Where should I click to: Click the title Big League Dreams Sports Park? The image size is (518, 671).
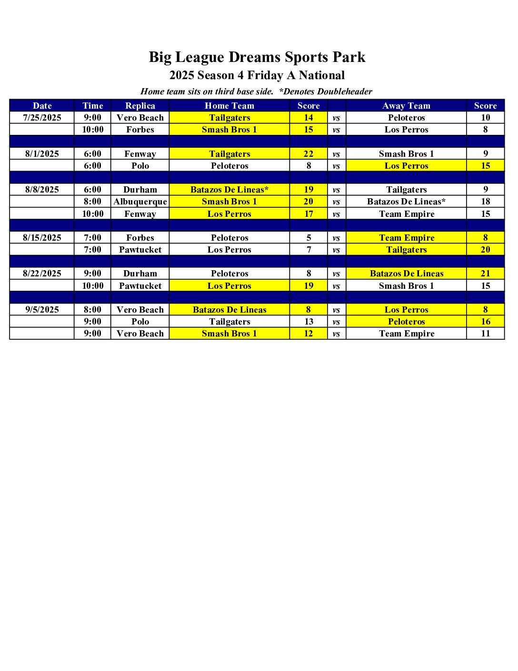[x=257, y=57]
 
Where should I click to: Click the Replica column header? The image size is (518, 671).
[x=140, y=106]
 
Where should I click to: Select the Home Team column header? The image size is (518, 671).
[x=229, y=106]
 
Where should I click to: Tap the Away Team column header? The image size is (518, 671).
[x=406, y=106]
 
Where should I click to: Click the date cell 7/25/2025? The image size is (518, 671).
[x=42, y=118]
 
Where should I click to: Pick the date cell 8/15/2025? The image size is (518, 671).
[x=42, y=238]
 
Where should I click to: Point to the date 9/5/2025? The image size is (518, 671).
[x=42, y=310]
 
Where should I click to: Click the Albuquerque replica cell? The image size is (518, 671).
[x=140, y=202]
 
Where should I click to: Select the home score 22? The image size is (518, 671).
[x=309, y=154]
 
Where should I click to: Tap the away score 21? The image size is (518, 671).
[x=485, y=274]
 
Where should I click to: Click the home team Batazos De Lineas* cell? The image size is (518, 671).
[x=229, y=190]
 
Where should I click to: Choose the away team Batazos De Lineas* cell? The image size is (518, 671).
[x=406, y=202]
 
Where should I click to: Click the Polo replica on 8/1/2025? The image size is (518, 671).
[x=140, y=166]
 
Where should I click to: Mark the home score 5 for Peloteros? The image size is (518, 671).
[x=309, y=238]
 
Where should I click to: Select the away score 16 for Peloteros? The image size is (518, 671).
[x=485, y=322]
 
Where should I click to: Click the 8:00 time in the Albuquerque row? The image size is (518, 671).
[x=92, y=202]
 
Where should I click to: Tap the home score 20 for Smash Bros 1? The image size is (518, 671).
[x=309, y=202]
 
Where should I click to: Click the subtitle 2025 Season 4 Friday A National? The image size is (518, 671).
[x=257, y=75]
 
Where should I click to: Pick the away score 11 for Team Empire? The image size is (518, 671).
[x=485, y=334]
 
